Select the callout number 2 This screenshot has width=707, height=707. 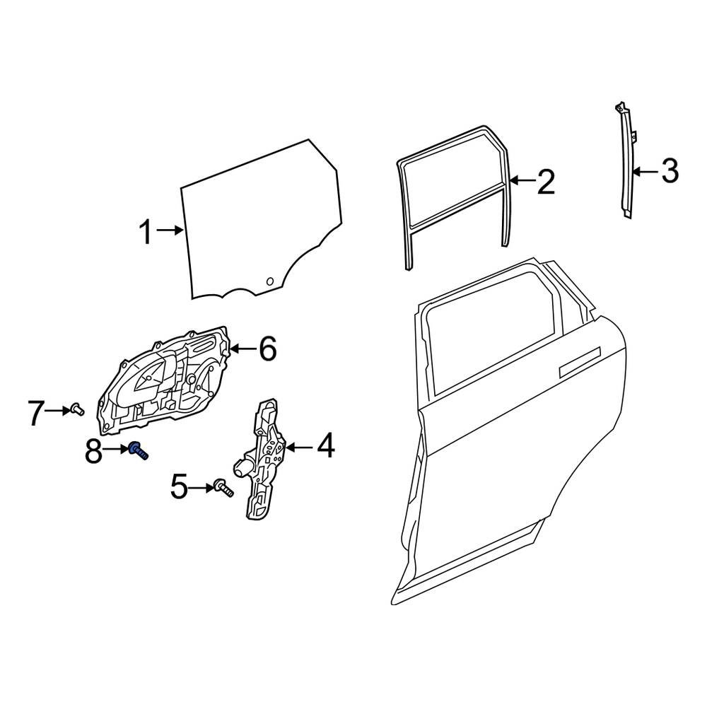545,182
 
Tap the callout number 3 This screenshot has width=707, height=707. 669,170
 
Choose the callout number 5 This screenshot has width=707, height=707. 179,486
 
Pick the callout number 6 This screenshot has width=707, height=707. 267,349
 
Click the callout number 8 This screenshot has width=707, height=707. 93,451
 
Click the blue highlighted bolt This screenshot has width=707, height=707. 137,450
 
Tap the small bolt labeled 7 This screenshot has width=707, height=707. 76,408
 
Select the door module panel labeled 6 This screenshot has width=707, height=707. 166,382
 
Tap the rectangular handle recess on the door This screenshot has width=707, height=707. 579,362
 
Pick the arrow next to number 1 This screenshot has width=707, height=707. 170,230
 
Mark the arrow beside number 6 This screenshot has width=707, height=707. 242,348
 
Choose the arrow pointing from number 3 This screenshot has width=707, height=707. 644,170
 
